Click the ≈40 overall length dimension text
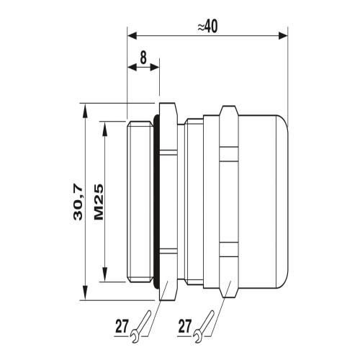click(x=208, y=26)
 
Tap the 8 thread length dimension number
click(x=143, y=57)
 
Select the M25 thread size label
click(x=99, y=202)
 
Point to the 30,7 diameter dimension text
click(x=78, y=202)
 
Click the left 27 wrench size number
click(x=122, y=325)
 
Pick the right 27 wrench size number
click(x=184, y=325)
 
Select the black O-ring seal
click(x=156, y=202)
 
